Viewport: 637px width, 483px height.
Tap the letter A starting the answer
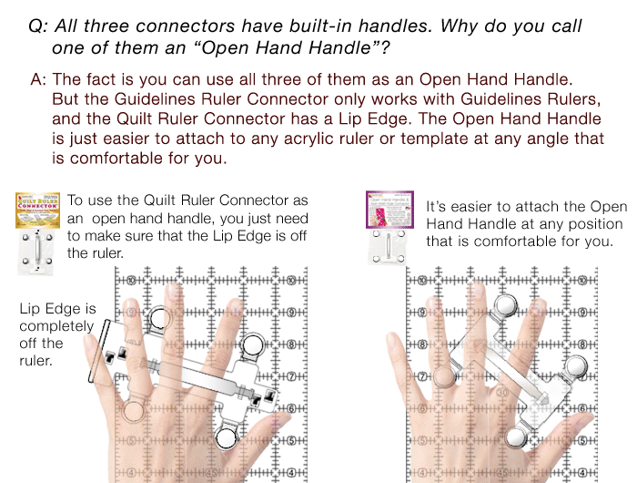tap(37, 79)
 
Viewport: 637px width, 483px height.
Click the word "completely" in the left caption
tap(56, 326)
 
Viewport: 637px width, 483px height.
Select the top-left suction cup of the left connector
tap(160, 318)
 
